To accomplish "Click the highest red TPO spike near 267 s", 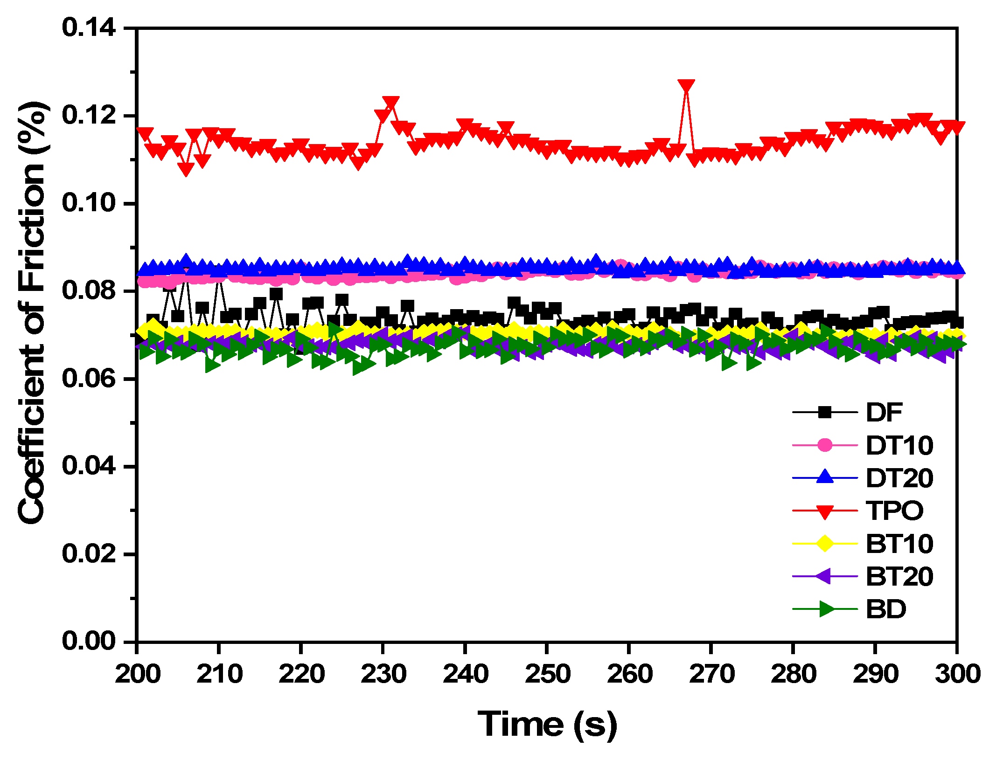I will point(686,87).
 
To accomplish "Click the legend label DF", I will point(884,412).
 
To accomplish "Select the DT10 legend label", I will point(899,445).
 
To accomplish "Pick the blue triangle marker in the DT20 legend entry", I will point(825,477).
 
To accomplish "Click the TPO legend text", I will point(894,511).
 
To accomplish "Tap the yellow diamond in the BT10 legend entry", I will point(825,544).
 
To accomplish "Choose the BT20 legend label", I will point(899,577).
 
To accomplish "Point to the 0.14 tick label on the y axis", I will point(89,28).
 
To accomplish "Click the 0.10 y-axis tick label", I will point(89,203).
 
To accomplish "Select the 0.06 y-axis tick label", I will point(89,378).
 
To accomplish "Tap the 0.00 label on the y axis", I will point(89,641).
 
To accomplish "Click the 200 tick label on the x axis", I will point(138,674).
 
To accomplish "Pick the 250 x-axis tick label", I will point(547,674).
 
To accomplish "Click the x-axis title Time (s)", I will point(547,725).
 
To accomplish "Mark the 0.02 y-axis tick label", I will point(89,553).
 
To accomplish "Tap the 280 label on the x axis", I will point(793,674).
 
